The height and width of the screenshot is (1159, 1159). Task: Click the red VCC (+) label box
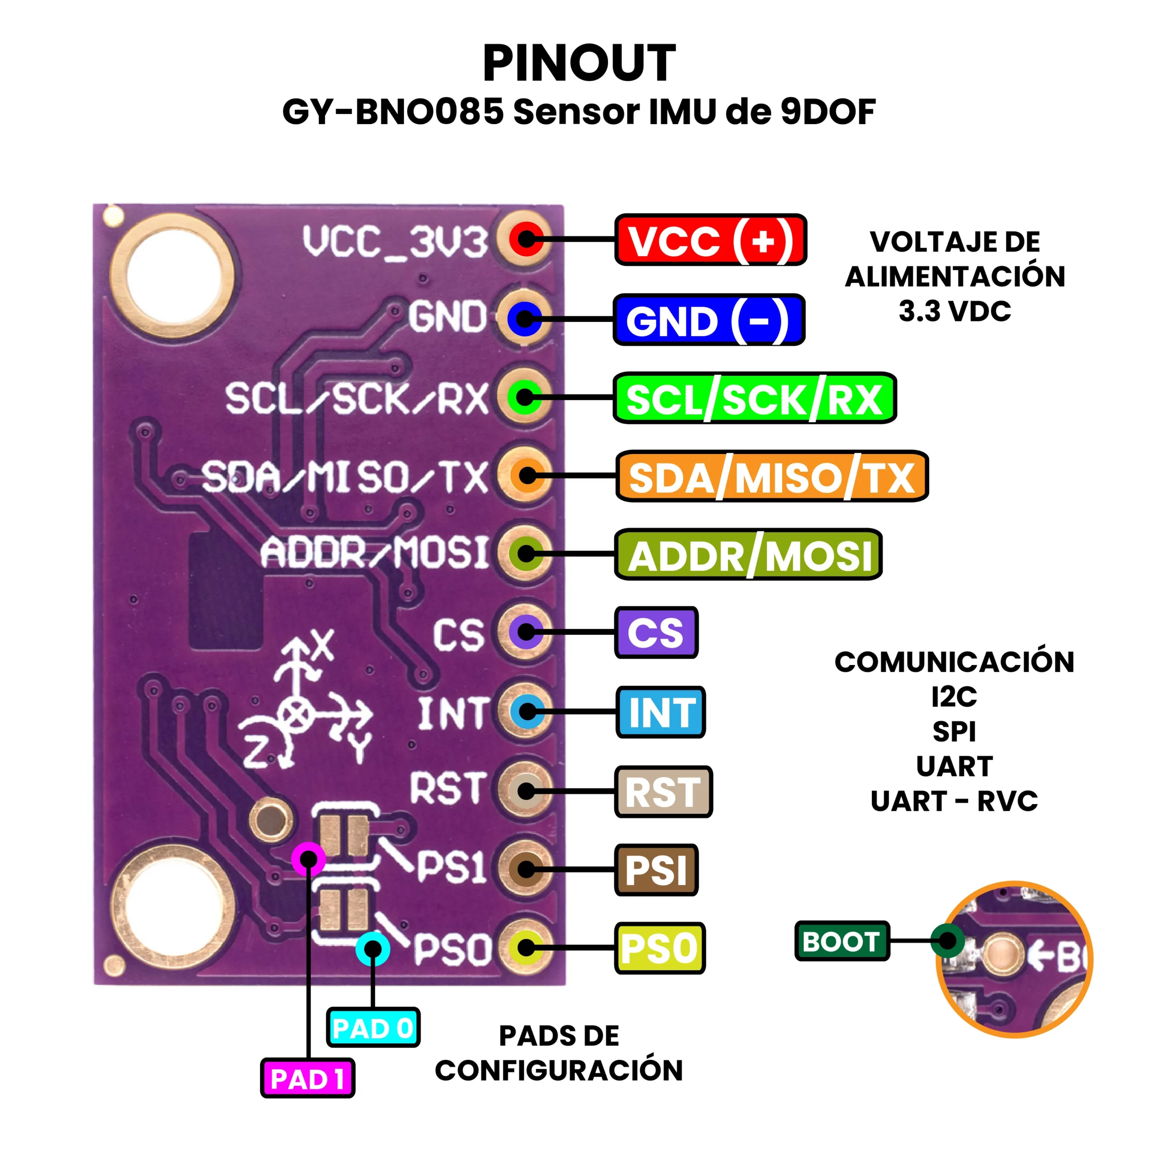(x=710, y=240)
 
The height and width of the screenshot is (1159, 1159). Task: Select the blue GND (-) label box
(x=709, y=320)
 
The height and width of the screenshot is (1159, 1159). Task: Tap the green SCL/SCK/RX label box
(x=754, y=398)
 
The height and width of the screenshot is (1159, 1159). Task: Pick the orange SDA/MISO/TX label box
(x=772, y=477)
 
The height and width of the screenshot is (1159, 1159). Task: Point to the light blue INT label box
(x=661, y=712)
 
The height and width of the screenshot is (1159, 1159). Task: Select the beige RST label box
(x=664, y=791)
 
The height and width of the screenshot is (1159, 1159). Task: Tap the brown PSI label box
(x=656, y=870)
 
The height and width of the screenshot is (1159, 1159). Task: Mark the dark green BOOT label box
(x=842, y=941)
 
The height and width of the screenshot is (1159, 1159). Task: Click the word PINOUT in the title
(x=579, y=63)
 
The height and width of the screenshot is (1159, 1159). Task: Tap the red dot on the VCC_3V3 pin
(x=527, y=239)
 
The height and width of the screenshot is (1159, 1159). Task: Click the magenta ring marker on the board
(x=308, y=859)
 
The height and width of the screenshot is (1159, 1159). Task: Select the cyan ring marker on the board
(x=373, y=948)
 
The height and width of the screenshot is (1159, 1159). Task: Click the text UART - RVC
(x=954, y=801)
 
